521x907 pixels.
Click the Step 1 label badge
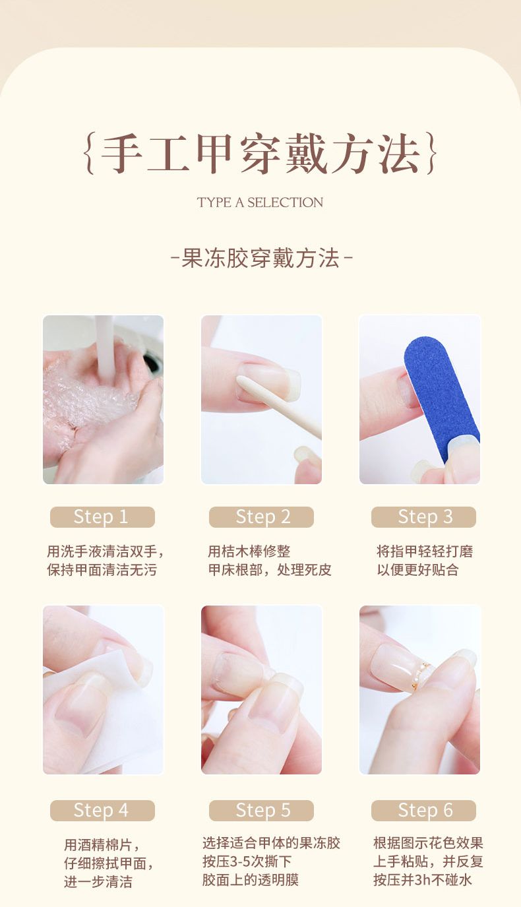102,516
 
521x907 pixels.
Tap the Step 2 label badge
262,516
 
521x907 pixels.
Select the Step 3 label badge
423,516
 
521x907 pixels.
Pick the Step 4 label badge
102,810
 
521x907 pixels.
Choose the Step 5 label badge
262,810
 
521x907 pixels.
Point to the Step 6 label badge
423,810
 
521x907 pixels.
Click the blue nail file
441,397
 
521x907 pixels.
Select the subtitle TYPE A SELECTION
260,203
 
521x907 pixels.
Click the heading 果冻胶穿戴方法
260,258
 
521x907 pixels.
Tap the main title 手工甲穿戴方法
260,154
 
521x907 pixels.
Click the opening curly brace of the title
90,154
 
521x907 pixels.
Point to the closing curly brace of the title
431,154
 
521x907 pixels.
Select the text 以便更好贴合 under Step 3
417,570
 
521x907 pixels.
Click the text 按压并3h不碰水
423,880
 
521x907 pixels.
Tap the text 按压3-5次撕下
247,861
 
